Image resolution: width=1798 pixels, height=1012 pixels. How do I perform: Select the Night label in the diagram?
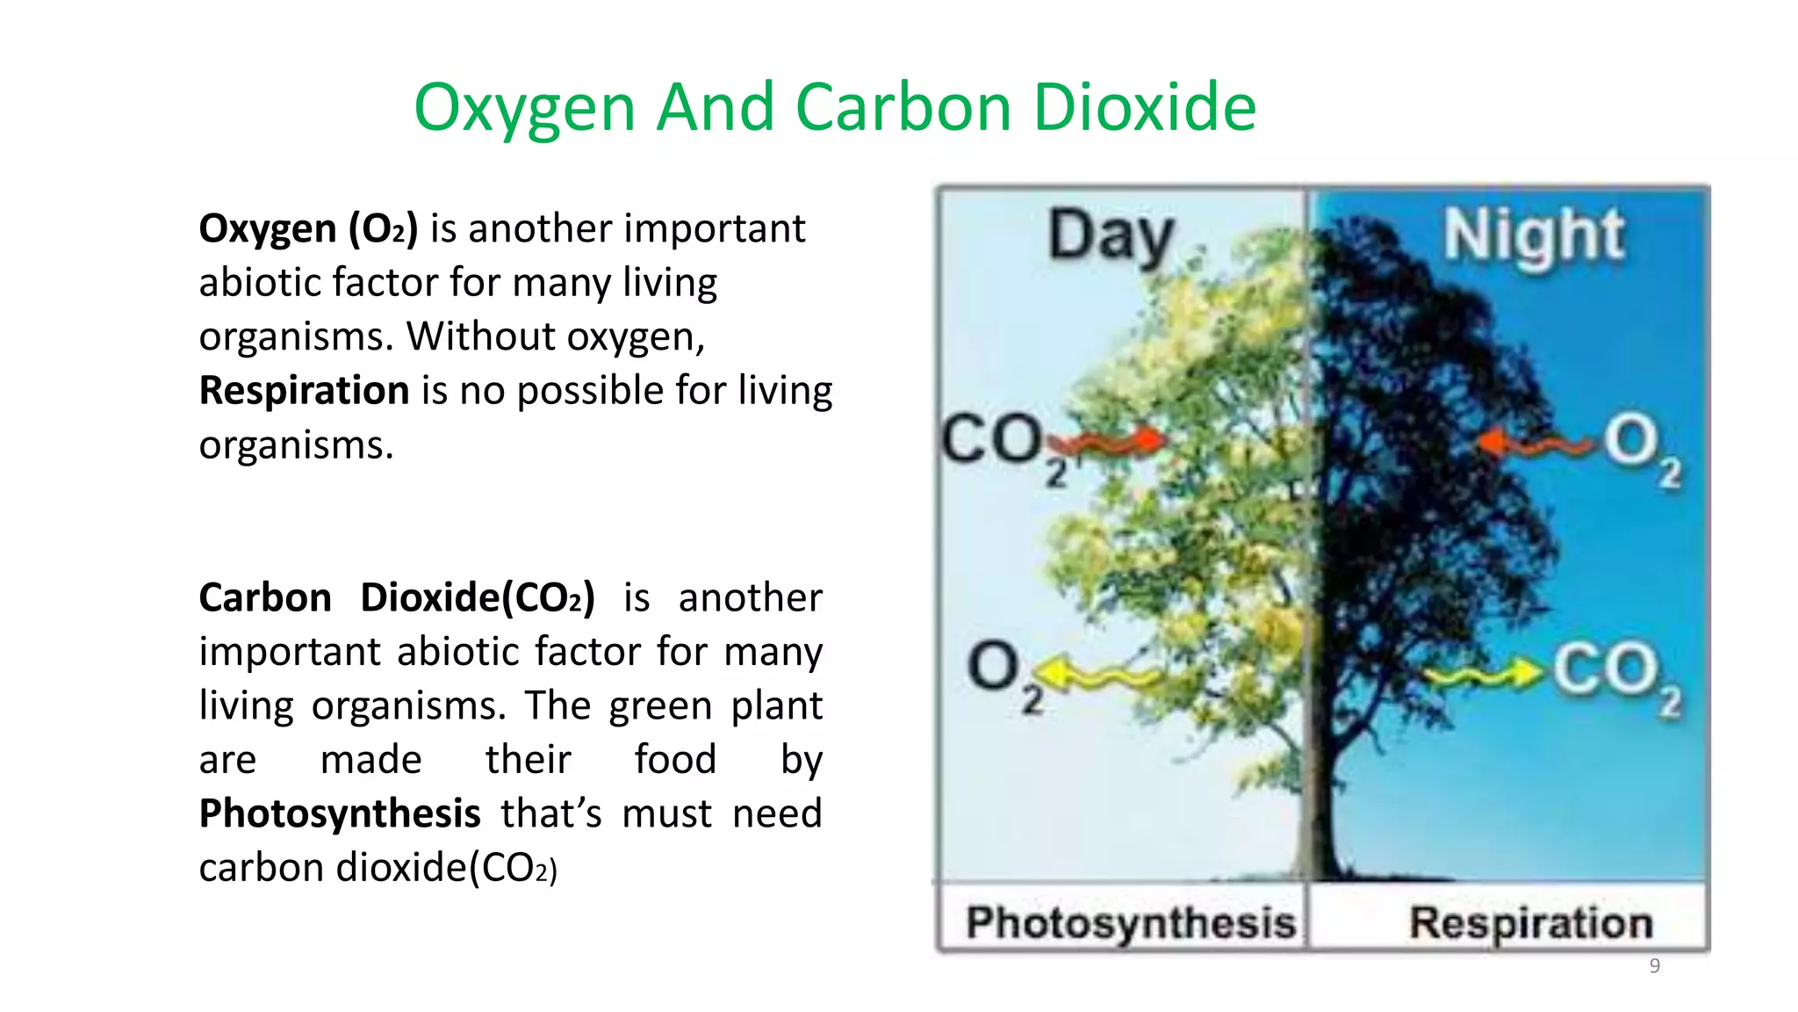pos(1534,235)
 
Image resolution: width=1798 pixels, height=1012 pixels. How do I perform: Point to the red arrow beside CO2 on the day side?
pos(1118,441)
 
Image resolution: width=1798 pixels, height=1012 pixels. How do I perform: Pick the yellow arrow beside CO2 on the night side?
pos(1483,675)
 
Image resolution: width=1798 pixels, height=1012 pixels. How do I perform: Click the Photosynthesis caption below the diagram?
pos(1131,922)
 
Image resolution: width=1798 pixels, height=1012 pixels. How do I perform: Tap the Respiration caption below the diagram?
pos(1531,922)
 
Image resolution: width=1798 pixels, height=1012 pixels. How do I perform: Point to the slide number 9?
pos(1654,965)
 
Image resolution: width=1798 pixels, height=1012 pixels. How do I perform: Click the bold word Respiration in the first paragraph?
pos(304,390)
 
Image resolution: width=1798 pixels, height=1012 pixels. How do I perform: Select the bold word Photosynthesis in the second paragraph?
pos(340,813)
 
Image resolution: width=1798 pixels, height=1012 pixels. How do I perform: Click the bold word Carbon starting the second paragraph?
pos(265,597)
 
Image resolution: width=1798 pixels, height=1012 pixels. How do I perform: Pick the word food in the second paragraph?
pos(675,759)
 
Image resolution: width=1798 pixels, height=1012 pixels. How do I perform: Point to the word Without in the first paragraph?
pos(479,336)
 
